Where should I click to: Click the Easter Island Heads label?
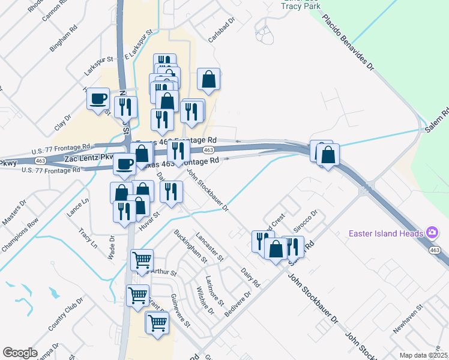(x=386, y=232)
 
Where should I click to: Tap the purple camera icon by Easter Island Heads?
(x=432, y=232)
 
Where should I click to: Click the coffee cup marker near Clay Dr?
(x=98, y=99)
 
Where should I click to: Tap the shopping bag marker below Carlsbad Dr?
(x=208, y=80)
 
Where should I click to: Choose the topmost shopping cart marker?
(x=142, y=260)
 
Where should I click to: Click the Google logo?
(x=20, y=353)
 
